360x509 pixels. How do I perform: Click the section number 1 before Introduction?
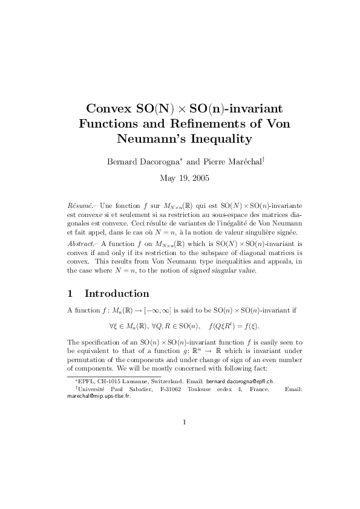70,294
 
